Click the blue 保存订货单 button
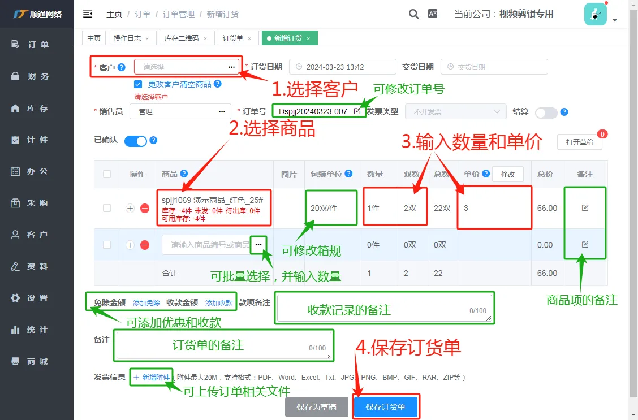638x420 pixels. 385,407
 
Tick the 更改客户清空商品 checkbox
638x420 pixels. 138,84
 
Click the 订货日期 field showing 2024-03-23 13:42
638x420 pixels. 342,67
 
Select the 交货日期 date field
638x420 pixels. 494,67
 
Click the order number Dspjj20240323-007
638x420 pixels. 313,111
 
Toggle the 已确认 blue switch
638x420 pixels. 136,141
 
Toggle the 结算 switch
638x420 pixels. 546,112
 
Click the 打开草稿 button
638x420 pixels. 579,142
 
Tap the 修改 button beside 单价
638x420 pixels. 507,175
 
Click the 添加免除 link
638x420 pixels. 146,302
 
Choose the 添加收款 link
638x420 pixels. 219,302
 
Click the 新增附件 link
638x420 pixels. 152,377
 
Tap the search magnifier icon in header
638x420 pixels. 414,14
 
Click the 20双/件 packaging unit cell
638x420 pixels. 324,208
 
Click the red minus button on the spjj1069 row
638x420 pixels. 145,209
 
